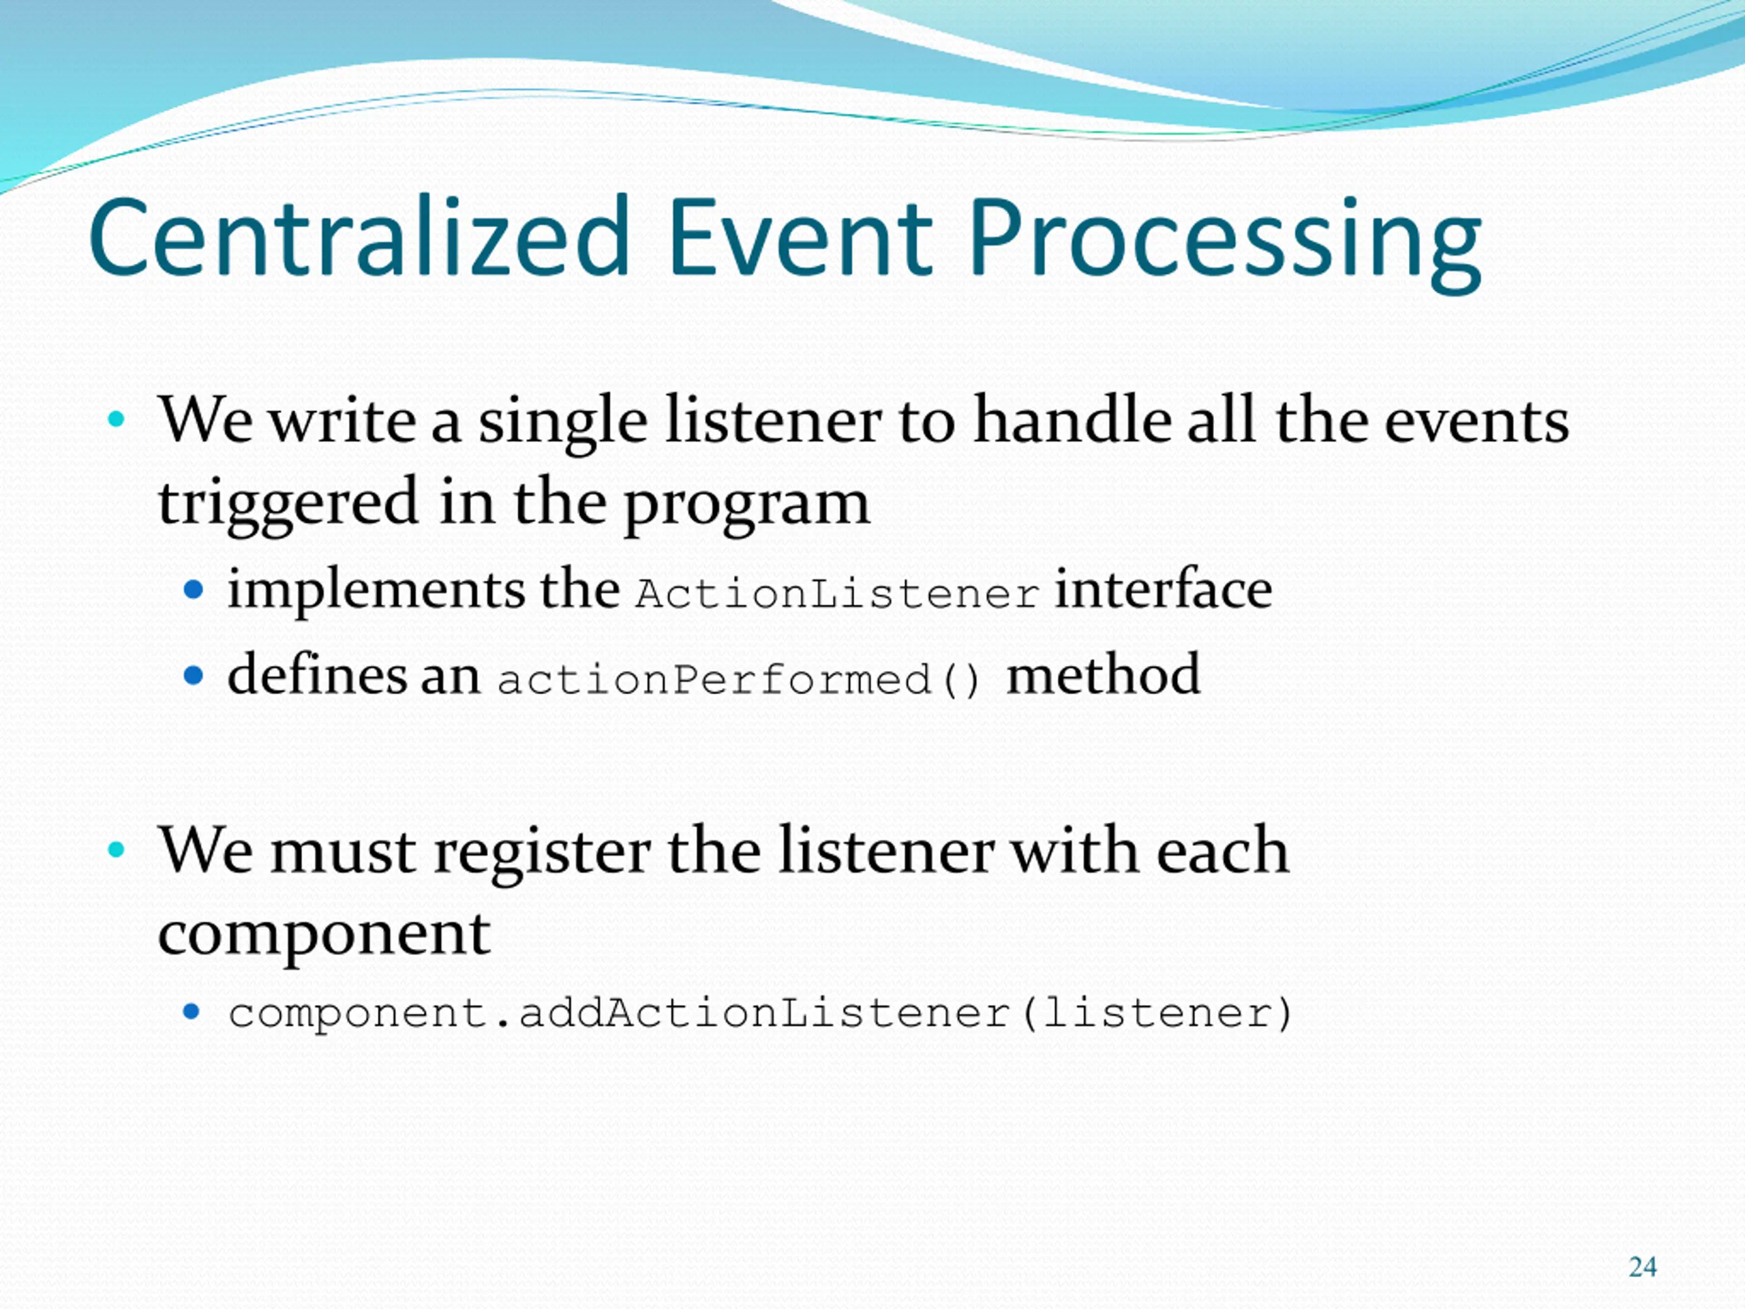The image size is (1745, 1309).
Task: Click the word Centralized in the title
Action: (x=359, y=237)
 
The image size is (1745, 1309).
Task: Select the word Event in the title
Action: (x=799, y=237)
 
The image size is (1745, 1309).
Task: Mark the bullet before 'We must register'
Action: (x=116, y=849)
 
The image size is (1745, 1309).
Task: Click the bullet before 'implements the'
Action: (x=194, y=588)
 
